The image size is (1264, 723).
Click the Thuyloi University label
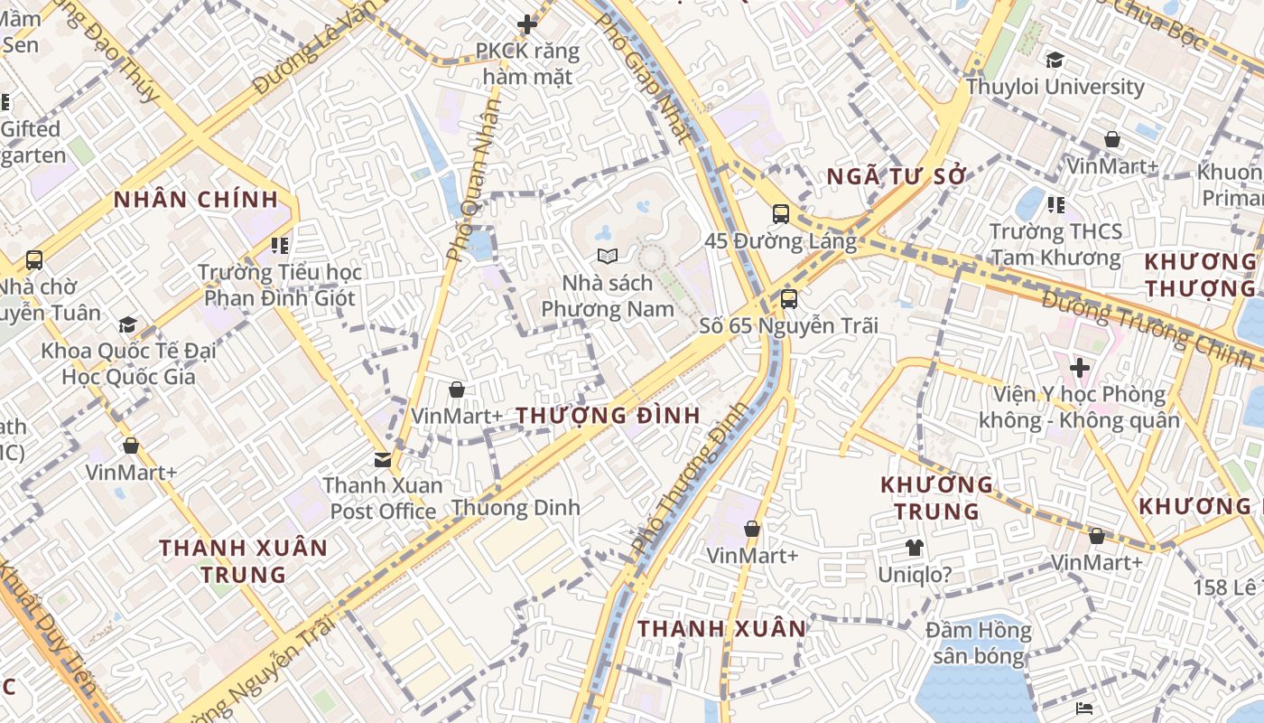[x=1055, y=87]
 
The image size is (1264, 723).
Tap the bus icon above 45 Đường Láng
[x=781, y=214]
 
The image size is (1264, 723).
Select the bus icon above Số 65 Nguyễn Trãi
[x=788, y=298]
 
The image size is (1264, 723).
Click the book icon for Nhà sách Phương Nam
[x=608, y=257]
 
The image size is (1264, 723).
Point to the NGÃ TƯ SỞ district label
[x=897, y=176]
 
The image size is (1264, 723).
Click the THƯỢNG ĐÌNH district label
[x=608, y=416]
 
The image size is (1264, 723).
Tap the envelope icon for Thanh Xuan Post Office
[x=383, y=459]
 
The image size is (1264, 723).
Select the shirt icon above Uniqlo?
[x=914, y=547]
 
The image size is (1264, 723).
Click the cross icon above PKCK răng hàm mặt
[x=527, y=24]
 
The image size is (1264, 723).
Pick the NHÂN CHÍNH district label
[x=195, y=201]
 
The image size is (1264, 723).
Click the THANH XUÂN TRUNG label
[x=243, y=560]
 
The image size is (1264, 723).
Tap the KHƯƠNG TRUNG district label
[x=936, y=498]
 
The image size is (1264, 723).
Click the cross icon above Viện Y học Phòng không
[x=1079, y=368]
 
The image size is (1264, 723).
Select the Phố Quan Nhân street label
[x=475, y=181]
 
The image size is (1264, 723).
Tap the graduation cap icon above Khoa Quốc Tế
[x=127, y=324]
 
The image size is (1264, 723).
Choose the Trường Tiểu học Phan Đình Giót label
[x=279, y=285]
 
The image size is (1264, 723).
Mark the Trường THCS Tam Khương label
[x=1055, y=244]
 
